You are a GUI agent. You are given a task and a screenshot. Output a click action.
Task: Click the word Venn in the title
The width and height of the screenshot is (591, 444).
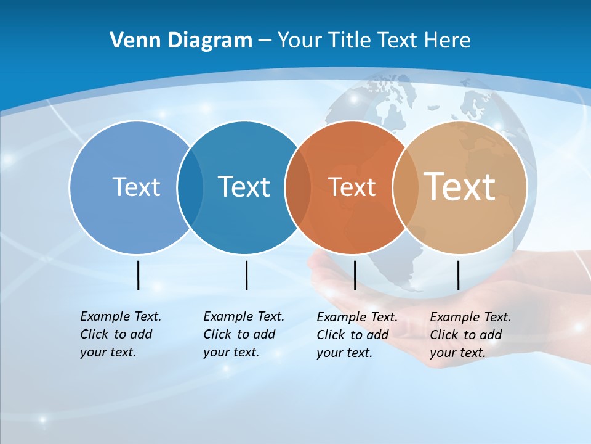pos(131,41)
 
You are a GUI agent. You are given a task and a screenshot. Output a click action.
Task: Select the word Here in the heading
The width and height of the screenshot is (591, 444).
pos(448,41)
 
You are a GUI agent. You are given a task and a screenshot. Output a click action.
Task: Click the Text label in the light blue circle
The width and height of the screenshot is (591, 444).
pos(136,187)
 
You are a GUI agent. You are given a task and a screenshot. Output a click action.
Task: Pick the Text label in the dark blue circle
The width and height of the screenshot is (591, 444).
pos(244,187)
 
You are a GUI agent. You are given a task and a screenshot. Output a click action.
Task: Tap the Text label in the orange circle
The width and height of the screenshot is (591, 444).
pos(352,187)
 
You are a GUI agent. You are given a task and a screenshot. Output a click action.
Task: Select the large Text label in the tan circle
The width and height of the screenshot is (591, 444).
pos(460,186)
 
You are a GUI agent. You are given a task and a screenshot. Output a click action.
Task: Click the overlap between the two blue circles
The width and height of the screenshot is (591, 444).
pos(190,187)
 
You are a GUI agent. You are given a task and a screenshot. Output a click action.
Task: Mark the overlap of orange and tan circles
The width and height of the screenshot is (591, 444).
pos(406,187)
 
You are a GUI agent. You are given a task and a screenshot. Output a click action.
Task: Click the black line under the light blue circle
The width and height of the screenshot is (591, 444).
pos(139,275)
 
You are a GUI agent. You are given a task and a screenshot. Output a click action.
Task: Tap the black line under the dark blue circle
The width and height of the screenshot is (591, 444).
pos(246,275)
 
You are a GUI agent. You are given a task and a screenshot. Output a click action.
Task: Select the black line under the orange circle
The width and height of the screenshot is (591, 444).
pos(355,275)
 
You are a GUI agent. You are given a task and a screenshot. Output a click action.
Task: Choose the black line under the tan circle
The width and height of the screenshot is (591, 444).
pos(459,275)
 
